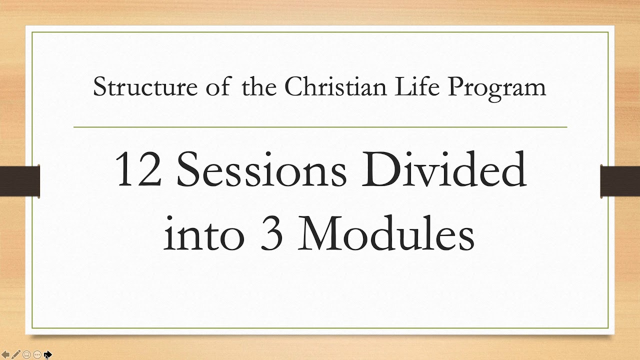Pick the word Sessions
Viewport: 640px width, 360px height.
[261, 170]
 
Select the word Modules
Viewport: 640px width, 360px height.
[386, 233]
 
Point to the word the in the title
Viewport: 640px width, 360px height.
[259, 87]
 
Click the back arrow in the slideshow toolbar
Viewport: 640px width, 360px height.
[6, 354]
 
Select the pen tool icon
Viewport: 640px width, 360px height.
[16, 354]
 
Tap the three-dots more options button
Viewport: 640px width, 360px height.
[37, 354]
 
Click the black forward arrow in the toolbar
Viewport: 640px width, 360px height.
[47, 354]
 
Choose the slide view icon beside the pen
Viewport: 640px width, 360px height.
[27, 354]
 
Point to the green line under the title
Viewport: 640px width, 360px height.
[320, 127]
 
